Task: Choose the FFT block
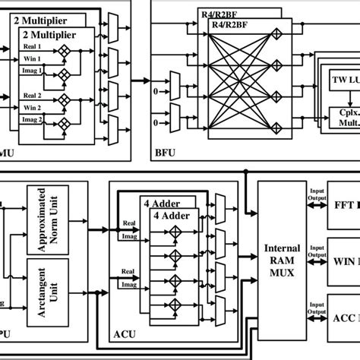tap(345, 205)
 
